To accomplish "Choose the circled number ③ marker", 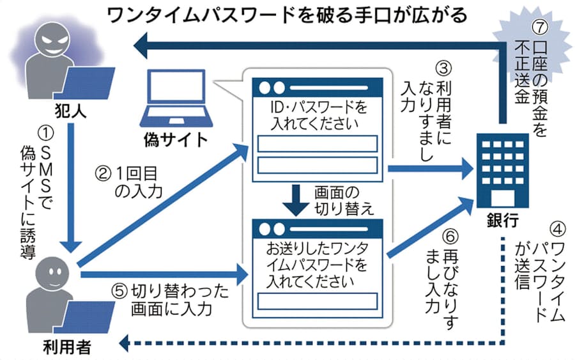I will [443, 67].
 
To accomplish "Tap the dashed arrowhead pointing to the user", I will [126, 345].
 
